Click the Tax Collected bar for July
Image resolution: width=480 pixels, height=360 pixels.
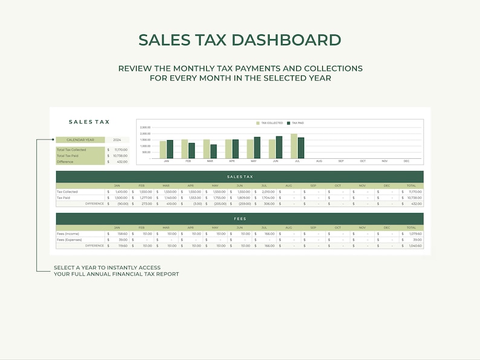(x=294, y=146)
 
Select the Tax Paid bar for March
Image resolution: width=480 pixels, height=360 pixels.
(x=213, y=152)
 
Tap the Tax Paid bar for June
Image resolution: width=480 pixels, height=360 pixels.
(x=279, y=147)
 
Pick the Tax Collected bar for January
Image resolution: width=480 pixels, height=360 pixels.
(x=163, y=150)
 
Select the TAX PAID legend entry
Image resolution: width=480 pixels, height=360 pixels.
(x=296, y=123)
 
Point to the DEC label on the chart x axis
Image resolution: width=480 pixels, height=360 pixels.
(x=406, y=161)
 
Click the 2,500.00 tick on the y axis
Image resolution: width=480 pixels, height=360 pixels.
(x=145, y=127)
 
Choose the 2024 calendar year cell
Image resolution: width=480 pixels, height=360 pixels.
(x=117, y=140)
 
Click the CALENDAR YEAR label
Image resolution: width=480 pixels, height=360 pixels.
(x=80, y=140)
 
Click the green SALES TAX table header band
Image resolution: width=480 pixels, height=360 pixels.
(x=239, y=176)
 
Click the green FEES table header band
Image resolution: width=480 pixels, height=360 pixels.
(x=239, y=219)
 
